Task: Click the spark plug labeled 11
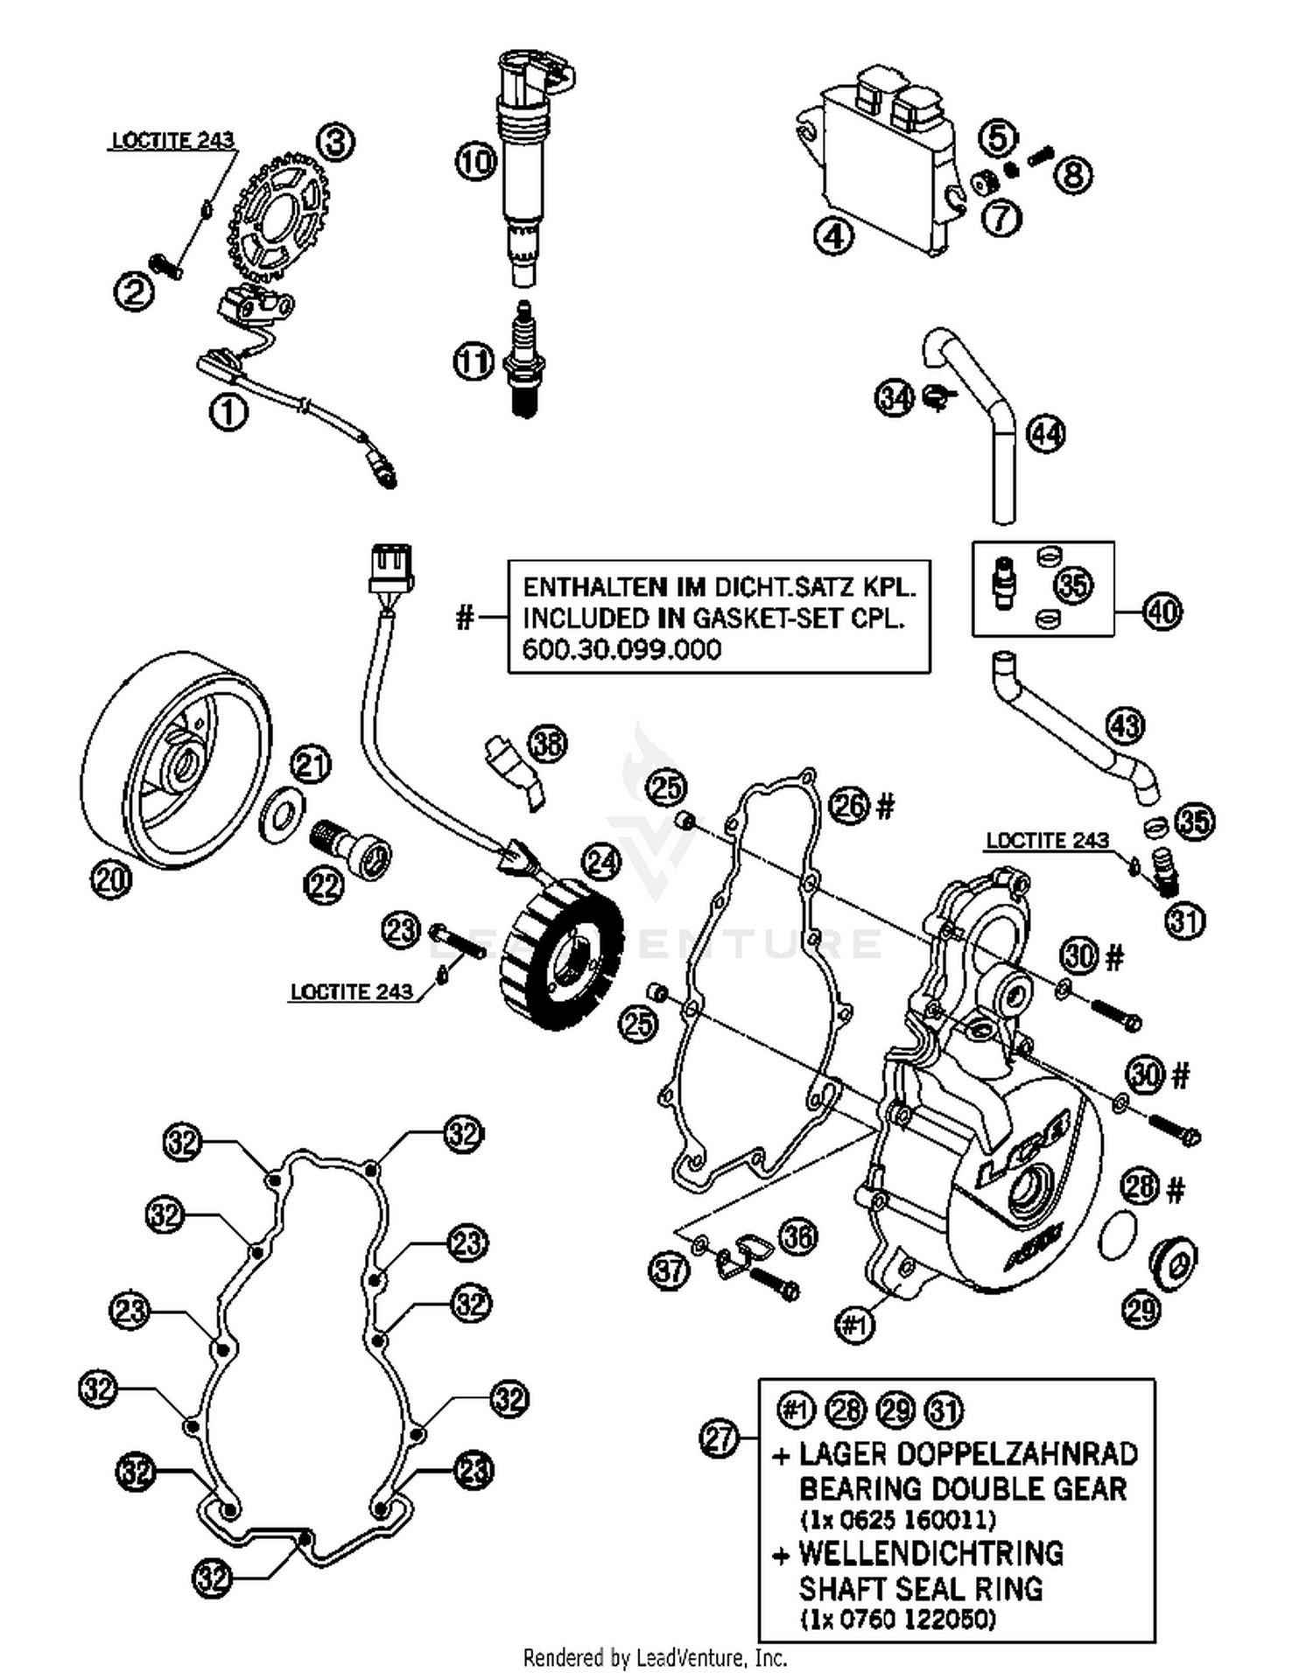[523, 360]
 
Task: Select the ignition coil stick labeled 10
[523, 166]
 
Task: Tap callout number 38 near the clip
[548, 744]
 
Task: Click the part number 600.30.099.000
[621, 650]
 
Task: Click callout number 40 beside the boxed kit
[1162, 612]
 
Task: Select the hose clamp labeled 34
[937, 400]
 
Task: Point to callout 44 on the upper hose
[1044, 434]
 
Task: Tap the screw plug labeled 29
[1173, 1263]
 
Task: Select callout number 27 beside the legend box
[720, 1438]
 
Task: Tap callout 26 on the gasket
[848, 805]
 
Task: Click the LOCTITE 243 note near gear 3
[173, 140]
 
